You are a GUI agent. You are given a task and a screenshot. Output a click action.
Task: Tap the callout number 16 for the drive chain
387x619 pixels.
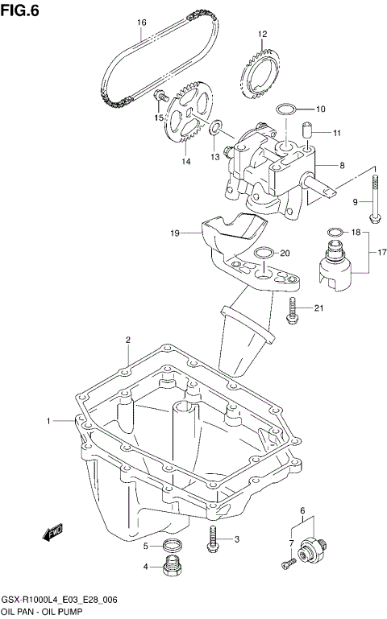[x=141, y=23]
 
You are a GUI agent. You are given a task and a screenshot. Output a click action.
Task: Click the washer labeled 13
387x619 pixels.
[x=215, y=128]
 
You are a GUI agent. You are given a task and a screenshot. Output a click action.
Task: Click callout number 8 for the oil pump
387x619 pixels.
[x=342, y=165]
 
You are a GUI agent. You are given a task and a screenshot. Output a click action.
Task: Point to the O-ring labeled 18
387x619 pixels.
[x=333, y=234]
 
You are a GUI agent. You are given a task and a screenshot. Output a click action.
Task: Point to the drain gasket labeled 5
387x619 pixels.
[x=169, y=547]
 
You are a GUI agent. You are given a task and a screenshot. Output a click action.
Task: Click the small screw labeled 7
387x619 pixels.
[x=287, y=566]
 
